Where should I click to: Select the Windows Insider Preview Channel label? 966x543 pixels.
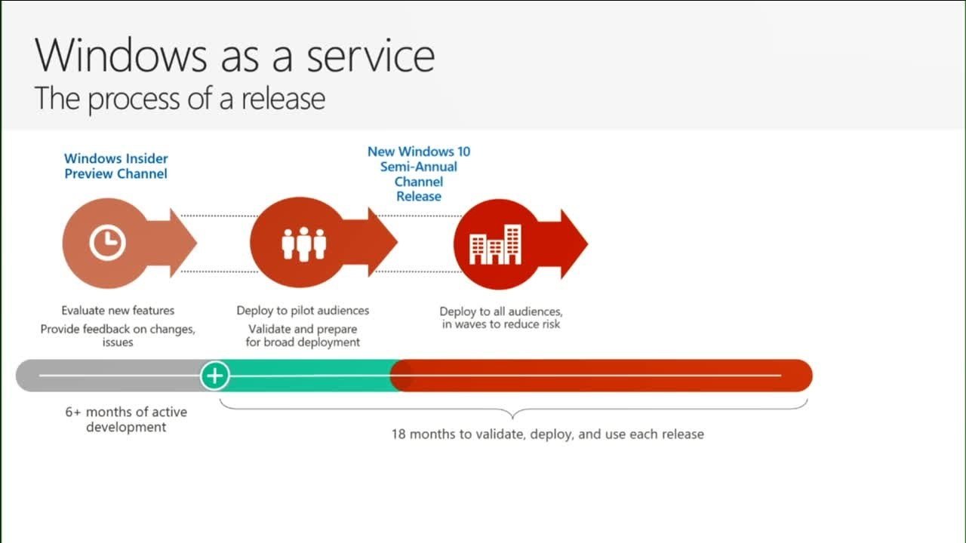click(115, 166)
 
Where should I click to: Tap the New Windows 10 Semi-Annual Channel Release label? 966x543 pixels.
click(419, 173)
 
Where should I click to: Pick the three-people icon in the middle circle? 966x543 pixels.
click(303, 243)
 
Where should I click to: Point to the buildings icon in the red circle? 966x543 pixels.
click(495, 244)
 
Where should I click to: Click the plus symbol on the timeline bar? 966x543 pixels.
click(215, 375)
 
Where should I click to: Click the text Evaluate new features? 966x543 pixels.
click(118, 310)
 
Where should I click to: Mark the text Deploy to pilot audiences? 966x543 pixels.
click(303, 310)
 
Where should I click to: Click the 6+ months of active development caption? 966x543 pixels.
click(126, 419)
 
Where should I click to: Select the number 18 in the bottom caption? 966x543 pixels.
click(398, 434)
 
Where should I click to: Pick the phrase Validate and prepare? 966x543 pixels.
click(303, 329)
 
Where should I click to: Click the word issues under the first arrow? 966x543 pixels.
click(118, 342)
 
